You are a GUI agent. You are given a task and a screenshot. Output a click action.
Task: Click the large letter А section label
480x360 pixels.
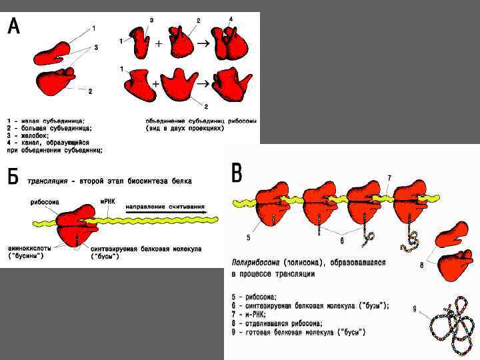tap(13, 27)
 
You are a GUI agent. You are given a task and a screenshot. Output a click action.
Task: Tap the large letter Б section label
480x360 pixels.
tap(13, 176)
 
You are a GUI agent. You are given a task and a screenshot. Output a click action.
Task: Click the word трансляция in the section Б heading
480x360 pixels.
tap(50, 181)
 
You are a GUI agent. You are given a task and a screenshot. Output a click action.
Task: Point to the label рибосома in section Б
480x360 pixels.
tap(44, 201)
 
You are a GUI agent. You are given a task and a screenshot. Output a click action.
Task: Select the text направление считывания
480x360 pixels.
tap(165, 207)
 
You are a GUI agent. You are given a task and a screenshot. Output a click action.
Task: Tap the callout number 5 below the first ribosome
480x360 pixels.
tap(248, 237)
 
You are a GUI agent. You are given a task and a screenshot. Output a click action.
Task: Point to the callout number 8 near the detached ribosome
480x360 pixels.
tap(422, 265)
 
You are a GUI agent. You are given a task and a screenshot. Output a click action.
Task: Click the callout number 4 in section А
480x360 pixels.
tap(231, 19)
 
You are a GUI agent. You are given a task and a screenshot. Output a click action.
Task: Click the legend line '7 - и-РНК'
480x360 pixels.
tap(253, 314)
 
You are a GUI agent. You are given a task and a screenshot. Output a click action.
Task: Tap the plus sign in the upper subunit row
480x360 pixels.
tap(159, 43)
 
